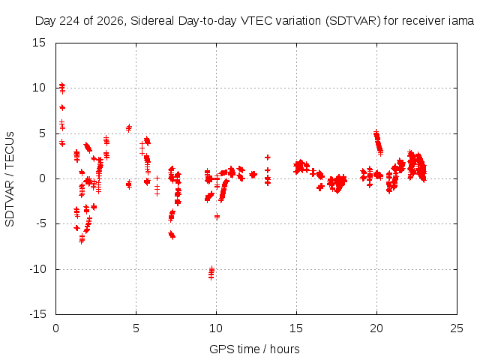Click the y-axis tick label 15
[39, 43]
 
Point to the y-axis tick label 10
[39, 88]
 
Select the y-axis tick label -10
[37, 269]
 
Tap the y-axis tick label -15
[37, 314]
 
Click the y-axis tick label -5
[40, 223]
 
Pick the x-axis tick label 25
[457, 328]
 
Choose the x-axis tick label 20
[376, 328]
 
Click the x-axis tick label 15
[296, 328]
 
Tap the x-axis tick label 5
[136, 328]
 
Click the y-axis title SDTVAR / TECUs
[10, 179]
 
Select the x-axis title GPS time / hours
[254, 349]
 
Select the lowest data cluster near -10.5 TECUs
[211, 272]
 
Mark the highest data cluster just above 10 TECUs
[62, 88]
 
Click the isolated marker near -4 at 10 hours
[217, 217]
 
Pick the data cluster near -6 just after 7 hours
[172, 235]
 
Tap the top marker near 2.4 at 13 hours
[268, 157]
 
